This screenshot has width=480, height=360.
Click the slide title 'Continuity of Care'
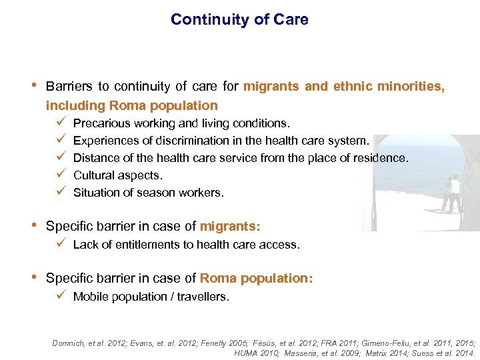(239, 19)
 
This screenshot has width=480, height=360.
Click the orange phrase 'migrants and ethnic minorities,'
(344, 86)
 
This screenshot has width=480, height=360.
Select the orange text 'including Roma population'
(131, 105)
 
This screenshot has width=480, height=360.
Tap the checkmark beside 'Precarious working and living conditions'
(61, 123)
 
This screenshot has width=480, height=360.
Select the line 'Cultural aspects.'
(117, 175)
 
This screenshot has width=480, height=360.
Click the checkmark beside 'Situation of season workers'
(61, 192)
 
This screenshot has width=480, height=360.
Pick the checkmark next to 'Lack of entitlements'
(61, 244)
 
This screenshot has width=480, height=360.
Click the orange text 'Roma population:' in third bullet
(256, 278)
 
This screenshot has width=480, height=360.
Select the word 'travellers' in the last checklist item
(203, 297)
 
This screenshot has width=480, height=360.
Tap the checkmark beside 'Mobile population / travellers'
(61, 296)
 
